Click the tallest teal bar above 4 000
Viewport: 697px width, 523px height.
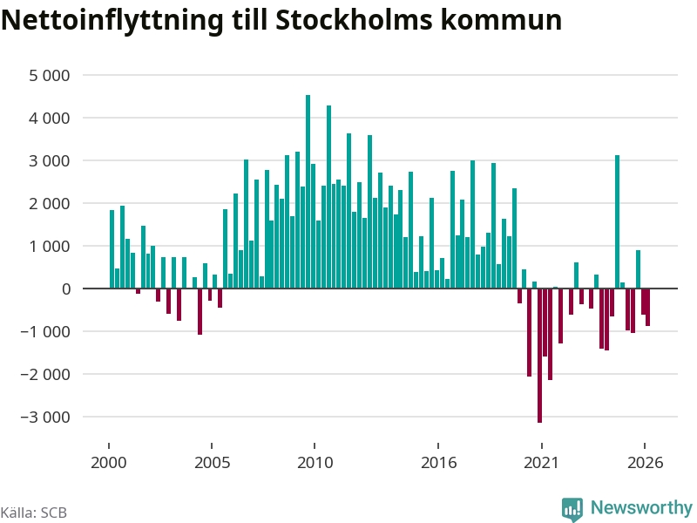click(x=308, y=192)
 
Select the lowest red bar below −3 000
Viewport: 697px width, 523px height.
click(x=539, y=356)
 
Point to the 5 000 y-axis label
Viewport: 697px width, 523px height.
click(x=50, y=76)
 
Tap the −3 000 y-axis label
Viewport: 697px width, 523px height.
click(x=45, y=418)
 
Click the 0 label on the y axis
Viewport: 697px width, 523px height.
click(x=66, y=289)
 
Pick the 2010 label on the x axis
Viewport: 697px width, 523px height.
click(x=315, y=463)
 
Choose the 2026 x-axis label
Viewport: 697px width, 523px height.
click(x=645, y=463)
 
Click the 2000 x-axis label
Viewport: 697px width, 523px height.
click(x=109, y=463)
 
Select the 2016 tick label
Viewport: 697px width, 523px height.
click(x=438, y=463)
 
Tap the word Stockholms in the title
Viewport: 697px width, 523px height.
click(x=354, y=19)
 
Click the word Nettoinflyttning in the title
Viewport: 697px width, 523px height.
click(x=112, y=20)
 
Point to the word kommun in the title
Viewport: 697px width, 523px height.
click(x=501, y=20)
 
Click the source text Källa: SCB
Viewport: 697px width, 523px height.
click(x=34, y=513)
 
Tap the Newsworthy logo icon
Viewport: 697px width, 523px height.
click(x=572, y=508)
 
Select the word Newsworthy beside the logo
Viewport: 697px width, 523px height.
click(x=641, y=507)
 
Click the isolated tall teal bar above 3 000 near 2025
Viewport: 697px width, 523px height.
click(x=617, y=222)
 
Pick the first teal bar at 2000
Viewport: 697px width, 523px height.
click(x=112, y=249)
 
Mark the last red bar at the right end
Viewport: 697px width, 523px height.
click(x=647, y=308)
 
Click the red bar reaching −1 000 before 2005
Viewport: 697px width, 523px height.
click(x=200, y=311)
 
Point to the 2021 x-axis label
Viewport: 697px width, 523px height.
click(x=541, y=463)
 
